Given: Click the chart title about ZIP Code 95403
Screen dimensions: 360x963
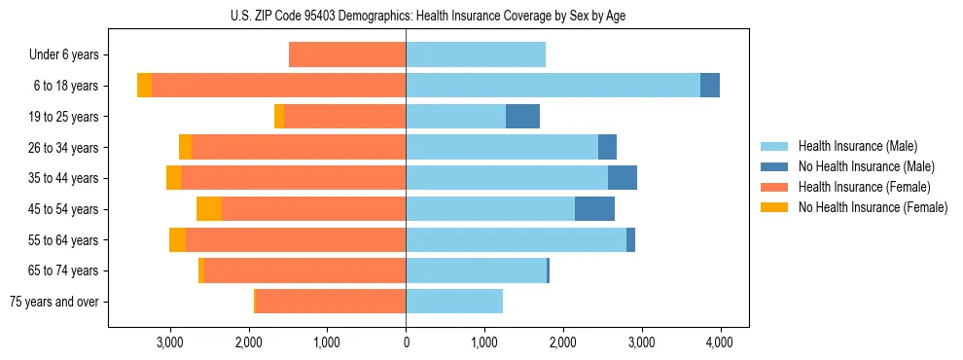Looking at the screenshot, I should click(406, 16).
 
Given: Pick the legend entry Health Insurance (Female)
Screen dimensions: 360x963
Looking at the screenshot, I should click(857, 187).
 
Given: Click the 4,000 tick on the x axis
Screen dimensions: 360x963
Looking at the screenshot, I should click(719, 342).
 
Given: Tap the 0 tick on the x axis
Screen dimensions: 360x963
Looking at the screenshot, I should click(406, 342).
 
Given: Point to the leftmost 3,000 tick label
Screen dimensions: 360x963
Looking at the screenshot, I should click(170, 342).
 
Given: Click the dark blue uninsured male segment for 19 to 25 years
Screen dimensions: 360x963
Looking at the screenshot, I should click(522, 117).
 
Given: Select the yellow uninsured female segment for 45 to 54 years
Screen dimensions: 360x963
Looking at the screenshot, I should click(209, 209).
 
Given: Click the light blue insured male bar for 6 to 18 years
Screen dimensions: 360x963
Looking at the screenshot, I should click(553, 86).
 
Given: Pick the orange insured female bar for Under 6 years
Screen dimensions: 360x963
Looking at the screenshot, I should click(347, 55).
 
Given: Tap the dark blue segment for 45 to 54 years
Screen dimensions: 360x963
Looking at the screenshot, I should click(594, 209).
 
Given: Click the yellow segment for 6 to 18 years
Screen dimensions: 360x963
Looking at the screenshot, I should click(144, 86).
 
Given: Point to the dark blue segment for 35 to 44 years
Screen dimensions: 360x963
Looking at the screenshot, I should click(623, 178).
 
